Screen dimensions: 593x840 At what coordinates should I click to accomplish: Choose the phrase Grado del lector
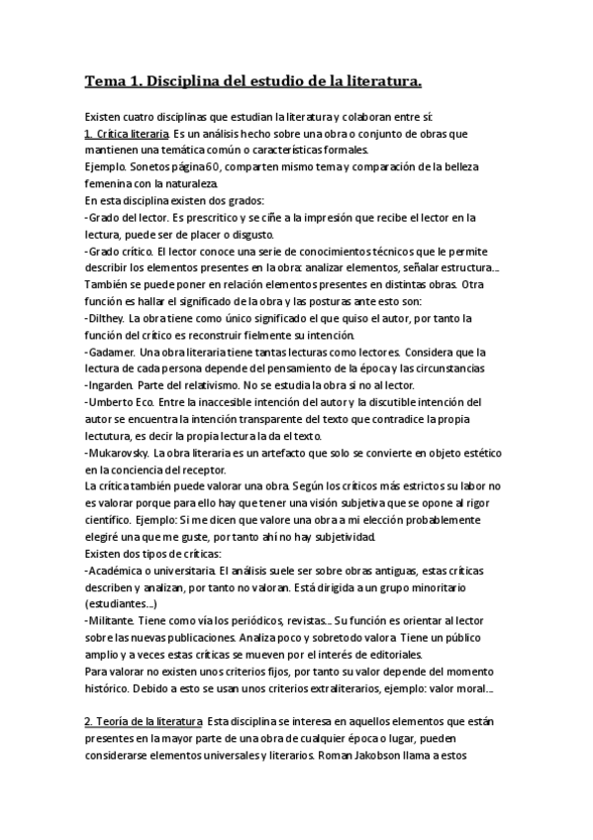126,217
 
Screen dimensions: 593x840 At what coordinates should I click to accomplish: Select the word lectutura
111,435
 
